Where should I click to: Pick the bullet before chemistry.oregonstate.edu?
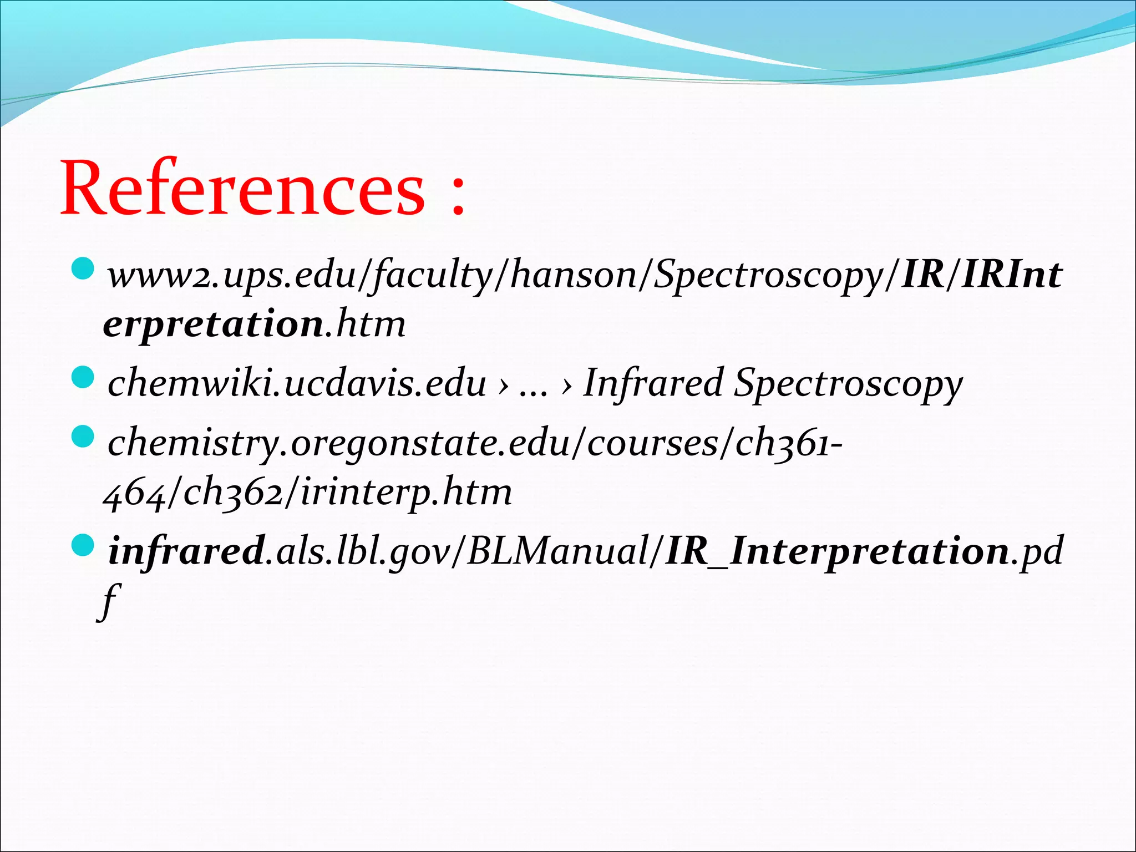point(84,437)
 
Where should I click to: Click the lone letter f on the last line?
point(109,602)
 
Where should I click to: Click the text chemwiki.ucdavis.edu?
point(297,383)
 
